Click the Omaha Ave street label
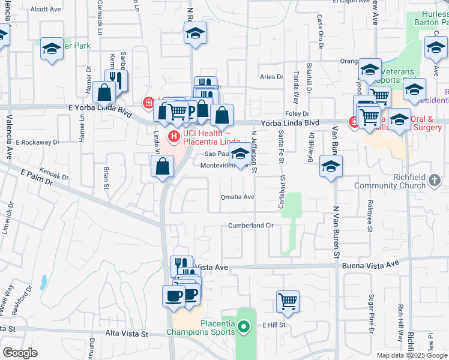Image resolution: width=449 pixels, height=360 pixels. [x=238, y=197]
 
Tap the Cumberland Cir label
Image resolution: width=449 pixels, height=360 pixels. [x=251, y=226]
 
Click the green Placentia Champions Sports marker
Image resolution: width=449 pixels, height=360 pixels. [x=243, y=328]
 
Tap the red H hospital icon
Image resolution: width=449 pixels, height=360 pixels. [x=174, y=137]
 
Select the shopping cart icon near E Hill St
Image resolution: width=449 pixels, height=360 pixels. [x=288, y=301]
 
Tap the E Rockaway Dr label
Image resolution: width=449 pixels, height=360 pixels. [x=38, y=143]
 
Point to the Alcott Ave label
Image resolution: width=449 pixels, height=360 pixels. [x=46, y=9]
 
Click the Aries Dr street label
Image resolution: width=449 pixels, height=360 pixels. [x=271, y=77]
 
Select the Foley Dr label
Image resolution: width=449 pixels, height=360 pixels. [x=297, y=113]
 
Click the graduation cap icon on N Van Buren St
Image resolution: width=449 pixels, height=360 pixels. [x=331, y=167]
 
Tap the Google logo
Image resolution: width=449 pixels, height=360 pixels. [x=20, y=353]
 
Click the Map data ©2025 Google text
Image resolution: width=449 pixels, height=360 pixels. [x=411, y=355]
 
